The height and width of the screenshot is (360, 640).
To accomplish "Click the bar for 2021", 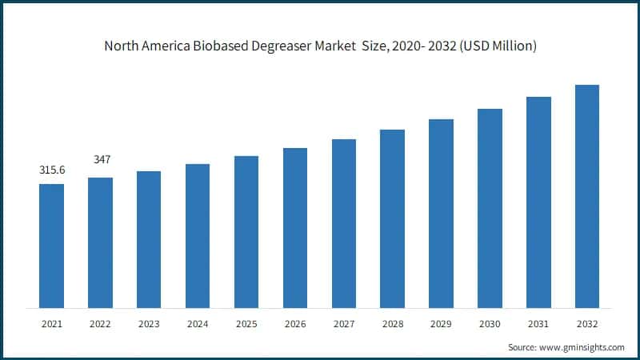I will click(x=52, y=246).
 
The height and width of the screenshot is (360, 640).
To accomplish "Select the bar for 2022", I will click(x=100, y=242).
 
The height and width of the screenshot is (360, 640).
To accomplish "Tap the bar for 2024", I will click(x=198, y=236).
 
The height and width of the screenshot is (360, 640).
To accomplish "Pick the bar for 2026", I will click(x=295, y=228).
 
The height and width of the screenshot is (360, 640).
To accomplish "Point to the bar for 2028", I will click(x=392, y=218).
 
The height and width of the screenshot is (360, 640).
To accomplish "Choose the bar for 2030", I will click(x=490, y=208).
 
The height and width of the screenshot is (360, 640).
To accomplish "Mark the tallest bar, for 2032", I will click(x=587, y=196).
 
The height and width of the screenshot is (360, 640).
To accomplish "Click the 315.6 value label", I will click(x=52, y=170).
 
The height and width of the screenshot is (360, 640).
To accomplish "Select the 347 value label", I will click(x=101, y=160).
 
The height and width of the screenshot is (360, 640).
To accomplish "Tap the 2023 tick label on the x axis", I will click(x=149, y=325).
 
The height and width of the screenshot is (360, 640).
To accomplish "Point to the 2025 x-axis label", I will click(x=246, y=325).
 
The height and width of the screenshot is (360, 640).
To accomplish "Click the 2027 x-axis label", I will click(x=344, y=325).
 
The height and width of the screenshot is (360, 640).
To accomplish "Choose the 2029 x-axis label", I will click(x=441, y=325).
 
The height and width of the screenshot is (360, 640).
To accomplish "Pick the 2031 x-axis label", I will click(x=538, y=325).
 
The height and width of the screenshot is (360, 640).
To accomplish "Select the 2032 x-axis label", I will click(x=587, y=325).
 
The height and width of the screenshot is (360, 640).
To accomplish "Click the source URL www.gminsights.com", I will click(x=581, y=348).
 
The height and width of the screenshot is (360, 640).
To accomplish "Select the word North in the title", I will click(x=122, y=46).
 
